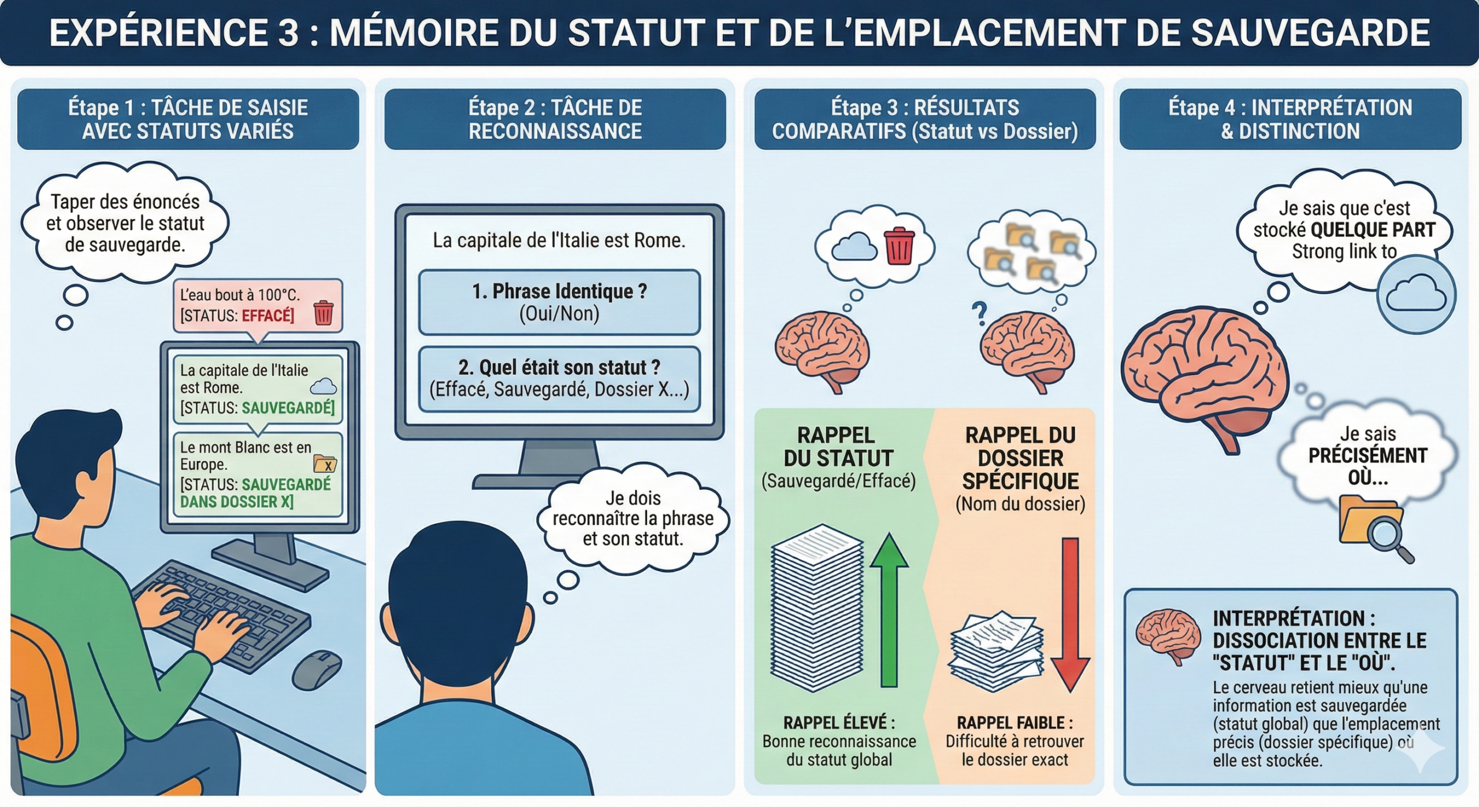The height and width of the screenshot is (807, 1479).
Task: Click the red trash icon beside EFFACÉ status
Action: coord(324,313)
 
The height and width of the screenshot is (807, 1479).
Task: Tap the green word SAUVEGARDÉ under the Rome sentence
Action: coord(288,408)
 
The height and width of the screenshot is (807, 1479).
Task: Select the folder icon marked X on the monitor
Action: coord(325,464)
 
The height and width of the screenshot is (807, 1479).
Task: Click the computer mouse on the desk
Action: coord(316,670)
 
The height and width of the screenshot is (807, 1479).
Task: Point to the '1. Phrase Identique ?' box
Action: coord(559,302)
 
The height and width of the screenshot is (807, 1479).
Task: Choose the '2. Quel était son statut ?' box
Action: coord(559,379)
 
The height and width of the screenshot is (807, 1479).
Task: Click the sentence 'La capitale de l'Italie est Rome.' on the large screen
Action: coord(559,240)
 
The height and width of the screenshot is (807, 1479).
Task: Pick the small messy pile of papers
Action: coord(996,650)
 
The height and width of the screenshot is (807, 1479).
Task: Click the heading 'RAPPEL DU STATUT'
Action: coord(838,446)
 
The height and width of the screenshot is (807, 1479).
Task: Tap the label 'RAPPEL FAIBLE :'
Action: coord(1015,723)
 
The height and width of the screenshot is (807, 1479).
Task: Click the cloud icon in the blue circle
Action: coord(1416,294)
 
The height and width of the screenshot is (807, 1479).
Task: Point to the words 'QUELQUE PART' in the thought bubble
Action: coord(1373,230)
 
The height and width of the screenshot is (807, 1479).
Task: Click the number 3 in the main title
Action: coord(288,33)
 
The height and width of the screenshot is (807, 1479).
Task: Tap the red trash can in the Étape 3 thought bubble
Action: coord(899,246)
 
